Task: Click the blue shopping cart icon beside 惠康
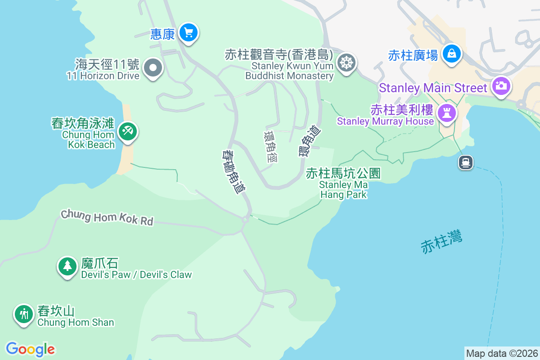pos(189,32)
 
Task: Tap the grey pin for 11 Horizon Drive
pos(153,68)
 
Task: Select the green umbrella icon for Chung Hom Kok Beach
pos(128,132)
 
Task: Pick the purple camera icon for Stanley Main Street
pos(500,85)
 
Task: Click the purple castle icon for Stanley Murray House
pos(447,112)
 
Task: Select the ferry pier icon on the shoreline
pos(466,162)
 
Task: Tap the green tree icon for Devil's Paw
pos(67,265)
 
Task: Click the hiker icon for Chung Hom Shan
pos(23,313)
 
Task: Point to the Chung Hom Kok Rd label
pos(107,217)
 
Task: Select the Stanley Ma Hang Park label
pos(343,184)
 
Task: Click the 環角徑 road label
pos(271,146)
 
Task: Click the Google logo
pos(30,349)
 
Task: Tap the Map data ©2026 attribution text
pos(501,354)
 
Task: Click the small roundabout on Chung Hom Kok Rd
pos(245,220)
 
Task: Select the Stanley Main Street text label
pos(433,88)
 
